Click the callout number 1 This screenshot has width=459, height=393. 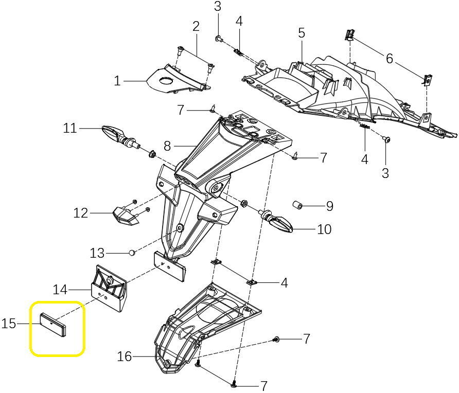[117, 81]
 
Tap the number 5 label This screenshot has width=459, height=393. [302, 33]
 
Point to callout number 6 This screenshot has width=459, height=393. [390, 59]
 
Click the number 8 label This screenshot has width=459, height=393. [167, 146]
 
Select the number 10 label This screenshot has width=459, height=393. [324, 229]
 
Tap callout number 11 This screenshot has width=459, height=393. [70, 128]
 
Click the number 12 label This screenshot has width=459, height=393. [81, 212]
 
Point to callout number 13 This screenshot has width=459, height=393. [97, 253]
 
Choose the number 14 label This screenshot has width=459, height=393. [60, 290]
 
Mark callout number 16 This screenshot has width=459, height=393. [125, 356]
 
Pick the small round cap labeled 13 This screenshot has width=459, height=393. [132, 253]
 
